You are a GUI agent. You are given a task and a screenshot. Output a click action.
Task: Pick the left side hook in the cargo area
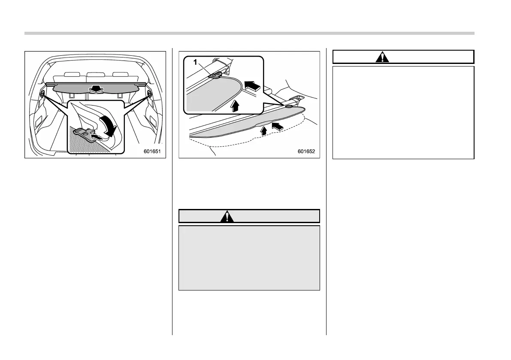pyautogui.click(x=43, y=93)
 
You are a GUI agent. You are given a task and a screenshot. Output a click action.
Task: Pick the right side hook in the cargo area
pyautogui.click(x=149, y=93)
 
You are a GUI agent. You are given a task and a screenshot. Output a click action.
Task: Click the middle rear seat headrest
pyautogui.click(x=95, y=76)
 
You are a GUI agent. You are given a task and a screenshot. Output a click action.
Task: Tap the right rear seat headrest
pyautogui.click(x=120, y=76)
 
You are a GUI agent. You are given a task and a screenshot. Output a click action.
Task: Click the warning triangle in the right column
pyautogui.click(x=382, y=57)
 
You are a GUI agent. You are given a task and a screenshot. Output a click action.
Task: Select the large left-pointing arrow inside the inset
pyautogui.click(x=252, y=87)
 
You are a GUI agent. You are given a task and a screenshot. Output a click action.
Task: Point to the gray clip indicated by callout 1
pyautogui.click(x=214, y=76)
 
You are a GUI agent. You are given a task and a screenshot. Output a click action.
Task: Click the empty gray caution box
pyautogui.click(x=249, y=258)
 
